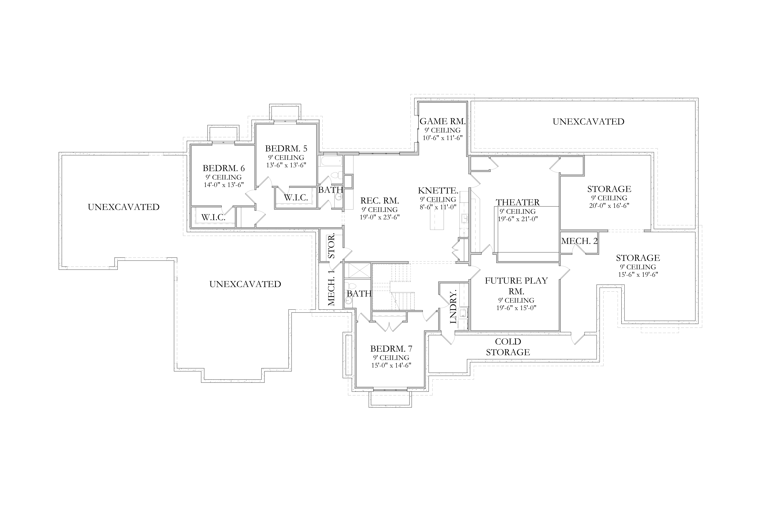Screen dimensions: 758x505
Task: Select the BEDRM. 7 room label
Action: click(391, 349)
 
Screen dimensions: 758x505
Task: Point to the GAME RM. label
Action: click(442, 121)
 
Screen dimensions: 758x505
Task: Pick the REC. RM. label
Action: click(380, 201)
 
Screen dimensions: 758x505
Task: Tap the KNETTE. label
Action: click(438, 190)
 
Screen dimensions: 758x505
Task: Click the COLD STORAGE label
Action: click(508, 347)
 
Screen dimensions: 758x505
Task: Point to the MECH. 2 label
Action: click(579, 241)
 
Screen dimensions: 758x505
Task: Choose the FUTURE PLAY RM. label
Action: click(516, 286)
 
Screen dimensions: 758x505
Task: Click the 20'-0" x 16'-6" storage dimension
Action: click(609, 206)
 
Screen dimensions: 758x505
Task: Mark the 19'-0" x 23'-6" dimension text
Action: click(380, 217)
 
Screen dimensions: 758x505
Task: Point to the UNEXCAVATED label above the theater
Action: click(589, 122)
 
